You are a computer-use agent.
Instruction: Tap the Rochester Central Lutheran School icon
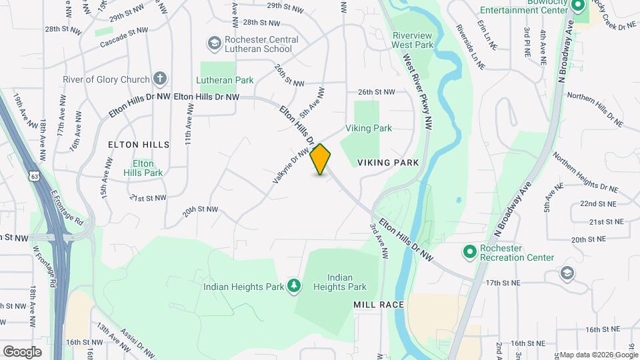[214, 43]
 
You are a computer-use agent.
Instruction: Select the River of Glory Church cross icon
[159, 79]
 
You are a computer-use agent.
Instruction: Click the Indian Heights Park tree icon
[293, 286]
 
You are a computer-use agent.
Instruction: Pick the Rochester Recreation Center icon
[469, 252]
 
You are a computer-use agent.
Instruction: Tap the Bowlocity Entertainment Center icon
[577, 5]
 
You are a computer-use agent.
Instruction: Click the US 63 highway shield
[33, 175]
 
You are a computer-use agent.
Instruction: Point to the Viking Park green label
[369, 128]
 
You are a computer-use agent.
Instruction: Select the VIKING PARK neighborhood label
[388, 163]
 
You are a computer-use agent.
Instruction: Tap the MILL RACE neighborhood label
[379, 305]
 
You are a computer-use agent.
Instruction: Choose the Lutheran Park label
[227, 80]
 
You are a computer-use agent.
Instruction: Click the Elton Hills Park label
[143, 168]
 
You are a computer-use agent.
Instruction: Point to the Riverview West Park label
[413, 40]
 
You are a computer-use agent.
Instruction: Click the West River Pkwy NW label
[417, 91]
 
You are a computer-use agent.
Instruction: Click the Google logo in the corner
[22, 351]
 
